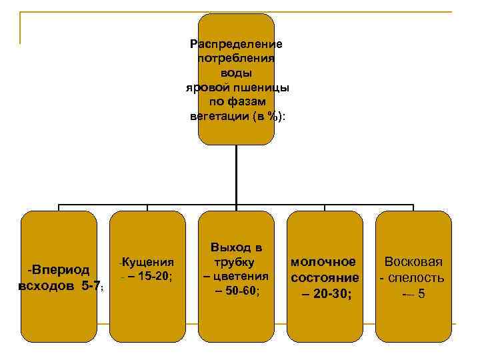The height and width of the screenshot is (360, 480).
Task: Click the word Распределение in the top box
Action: pos(237,44)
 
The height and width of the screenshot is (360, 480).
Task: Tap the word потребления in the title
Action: pos(237,59)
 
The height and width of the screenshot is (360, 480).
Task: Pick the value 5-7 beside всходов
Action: pos(91,286)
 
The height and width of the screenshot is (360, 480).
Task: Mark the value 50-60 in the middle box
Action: pos(244,291)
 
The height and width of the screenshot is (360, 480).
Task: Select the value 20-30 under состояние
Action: pos(332,293)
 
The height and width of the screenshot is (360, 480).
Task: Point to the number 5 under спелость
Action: pos(421,293)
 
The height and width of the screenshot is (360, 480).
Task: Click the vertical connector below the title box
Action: pos(237,173)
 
